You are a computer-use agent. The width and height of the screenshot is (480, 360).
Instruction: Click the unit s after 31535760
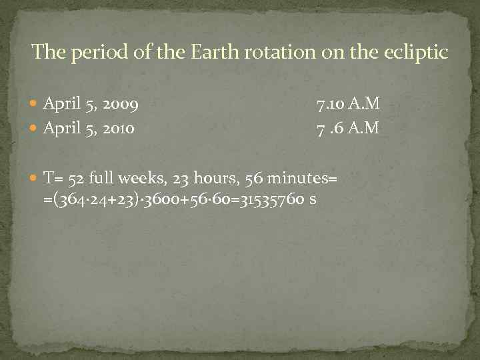click(x=311, y=199)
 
